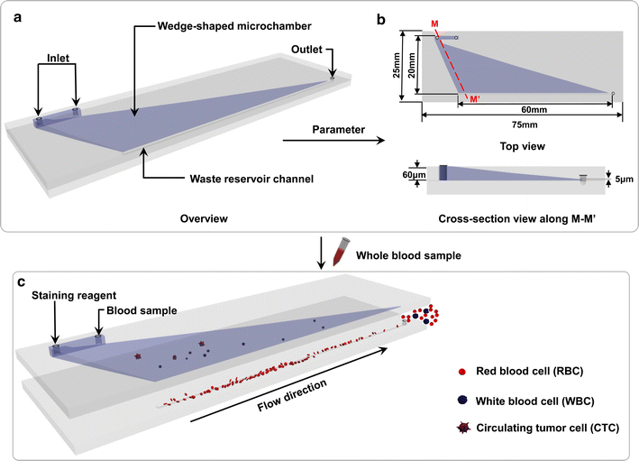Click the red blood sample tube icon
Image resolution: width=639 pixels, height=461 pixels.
(341, 256)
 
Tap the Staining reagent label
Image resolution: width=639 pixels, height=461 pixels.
(65, 295)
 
